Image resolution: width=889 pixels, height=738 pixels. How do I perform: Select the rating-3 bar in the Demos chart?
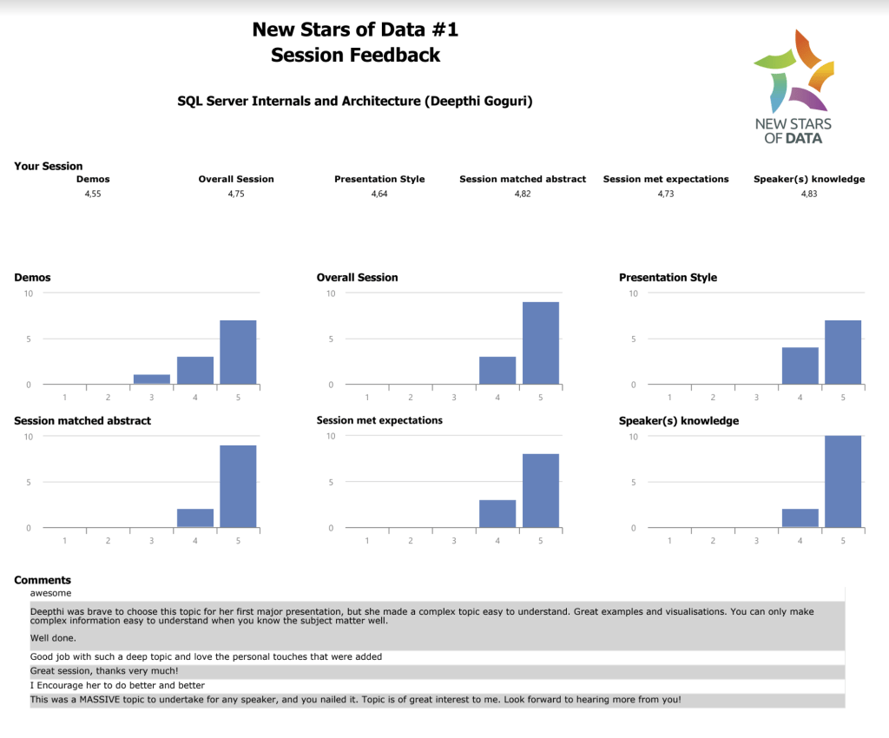tap(152, 379)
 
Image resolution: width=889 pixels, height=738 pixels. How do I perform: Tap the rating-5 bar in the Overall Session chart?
tap(540, 343)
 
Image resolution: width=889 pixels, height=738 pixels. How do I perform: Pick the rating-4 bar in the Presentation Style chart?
tap(800, 366)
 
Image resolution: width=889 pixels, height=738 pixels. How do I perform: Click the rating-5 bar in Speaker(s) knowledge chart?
tap(843, 481)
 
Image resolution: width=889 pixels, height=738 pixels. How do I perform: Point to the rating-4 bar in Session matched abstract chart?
tap(195, 517)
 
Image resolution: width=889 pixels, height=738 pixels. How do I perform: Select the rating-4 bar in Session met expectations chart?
tap(497, 513)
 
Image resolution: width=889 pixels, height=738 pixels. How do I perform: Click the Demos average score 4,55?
tap(93, 194)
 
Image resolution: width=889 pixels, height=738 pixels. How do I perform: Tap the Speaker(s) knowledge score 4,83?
tap(809, 194)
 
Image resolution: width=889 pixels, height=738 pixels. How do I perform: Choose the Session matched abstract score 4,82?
tap(523, 194)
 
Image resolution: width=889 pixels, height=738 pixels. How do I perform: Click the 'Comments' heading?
tap(43, 580)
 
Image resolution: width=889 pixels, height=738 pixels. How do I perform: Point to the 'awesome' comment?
tap(49, 593)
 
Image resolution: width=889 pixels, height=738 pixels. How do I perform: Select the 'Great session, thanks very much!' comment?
tap(104, 671)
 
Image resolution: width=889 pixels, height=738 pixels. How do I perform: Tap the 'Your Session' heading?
tap(49, 166)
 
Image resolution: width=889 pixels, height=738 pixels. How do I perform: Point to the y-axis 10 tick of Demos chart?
tap(29, 293)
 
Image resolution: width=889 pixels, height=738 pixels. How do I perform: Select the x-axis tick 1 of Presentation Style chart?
tap(669, 398)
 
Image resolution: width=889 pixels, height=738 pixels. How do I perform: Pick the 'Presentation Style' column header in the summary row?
tap(379, 179)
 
